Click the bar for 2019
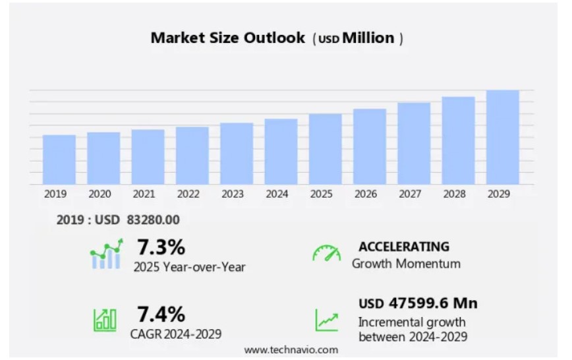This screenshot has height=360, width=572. point(59,160)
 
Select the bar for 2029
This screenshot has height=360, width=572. point(503,137)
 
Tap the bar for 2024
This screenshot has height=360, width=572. point(281,152)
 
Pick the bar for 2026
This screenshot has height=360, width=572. point(370,146)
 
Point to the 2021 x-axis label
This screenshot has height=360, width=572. point(144,195)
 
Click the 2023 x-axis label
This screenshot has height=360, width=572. point(233,195)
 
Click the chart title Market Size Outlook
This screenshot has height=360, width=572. point(227,38)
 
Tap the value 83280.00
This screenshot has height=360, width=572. point(153,220)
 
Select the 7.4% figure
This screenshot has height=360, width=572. point(161,313)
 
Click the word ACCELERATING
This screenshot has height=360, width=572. point(404,247)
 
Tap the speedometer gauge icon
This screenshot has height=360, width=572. point(326,254)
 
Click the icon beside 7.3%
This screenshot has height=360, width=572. point(106,254)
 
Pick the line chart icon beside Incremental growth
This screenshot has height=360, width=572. point(326,320)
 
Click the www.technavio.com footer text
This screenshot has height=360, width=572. point(291,349)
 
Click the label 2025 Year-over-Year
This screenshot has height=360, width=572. point(189,267)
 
